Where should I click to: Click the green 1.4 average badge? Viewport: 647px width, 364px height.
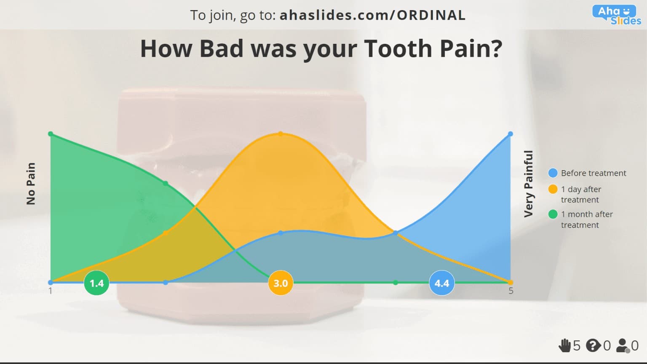click(x=96, y=283)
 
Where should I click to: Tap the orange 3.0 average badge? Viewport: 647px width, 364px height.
click(x=281, y=283)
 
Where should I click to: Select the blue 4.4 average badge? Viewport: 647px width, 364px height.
click(x=441, y=283)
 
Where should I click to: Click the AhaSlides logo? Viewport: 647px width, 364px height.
click(x=616, y=15)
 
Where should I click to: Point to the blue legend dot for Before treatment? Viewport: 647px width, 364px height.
click(x=553, y=173)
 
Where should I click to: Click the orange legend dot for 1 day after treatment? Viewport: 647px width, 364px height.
click(x=553, y=189)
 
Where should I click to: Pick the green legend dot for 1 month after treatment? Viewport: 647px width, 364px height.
click(x=553, y=214)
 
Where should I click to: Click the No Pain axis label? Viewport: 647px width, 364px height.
click(x=31, y=184)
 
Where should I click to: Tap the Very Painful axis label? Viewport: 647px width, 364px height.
click(x=528, y=184)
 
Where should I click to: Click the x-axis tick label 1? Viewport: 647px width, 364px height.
click(x=51, y=291)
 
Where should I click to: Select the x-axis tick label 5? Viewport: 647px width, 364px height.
click(x=511, y=291)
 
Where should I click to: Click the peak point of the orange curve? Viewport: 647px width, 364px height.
click(x=281, y=134)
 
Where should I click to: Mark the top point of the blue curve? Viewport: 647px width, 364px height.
click(x=511, y=134)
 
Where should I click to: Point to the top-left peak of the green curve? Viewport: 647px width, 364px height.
click(x=51, y=134)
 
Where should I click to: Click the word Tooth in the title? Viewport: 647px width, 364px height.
click(x=399, y=48)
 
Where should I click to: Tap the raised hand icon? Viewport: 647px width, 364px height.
click(x=564, y=345)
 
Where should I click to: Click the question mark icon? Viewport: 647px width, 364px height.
click(x=593, y=345)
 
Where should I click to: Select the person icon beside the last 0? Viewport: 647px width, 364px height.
click(x=623, y=345)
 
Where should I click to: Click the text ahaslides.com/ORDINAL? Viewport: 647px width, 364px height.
click(x=372, y=15)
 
